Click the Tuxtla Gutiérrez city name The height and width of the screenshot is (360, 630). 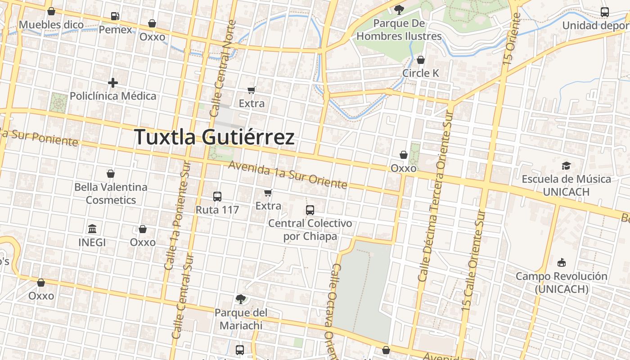215,137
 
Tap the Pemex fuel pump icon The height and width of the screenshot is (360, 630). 115,17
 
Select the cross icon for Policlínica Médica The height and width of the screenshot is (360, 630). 113,83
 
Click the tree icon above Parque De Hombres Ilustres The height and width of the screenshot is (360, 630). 399,9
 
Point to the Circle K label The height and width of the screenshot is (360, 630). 421,73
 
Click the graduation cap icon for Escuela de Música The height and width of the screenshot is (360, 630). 566,166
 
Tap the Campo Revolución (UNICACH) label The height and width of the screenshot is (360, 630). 562,282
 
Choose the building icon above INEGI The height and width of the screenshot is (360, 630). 92,229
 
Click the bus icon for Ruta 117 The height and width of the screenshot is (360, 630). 217,197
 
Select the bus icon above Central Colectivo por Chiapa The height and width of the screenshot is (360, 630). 310,210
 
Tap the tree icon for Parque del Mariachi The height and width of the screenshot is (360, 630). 241,299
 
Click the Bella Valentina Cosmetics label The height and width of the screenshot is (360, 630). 111,193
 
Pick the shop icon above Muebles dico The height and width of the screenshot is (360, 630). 51,11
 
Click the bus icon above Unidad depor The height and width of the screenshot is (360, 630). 605,12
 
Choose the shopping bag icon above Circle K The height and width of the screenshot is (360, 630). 421,60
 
